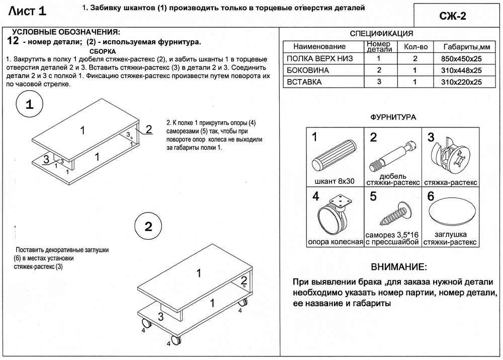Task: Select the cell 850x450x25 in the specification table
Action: tap(460, 59)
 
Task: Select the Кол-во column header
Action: tap(415, 46)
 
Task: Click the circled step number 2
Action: tap(148, 226)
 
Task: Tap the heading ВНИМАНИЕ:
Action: tap(398, 266)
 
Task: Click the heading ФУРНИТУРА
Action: tap(392, 117)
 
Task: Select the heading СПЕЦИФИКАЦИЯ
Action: tap(381, 34)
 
